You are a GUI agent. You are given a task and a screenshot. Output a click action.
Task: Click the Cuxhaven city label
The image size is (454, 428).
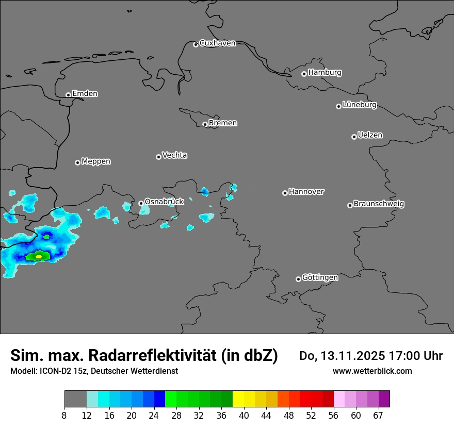point(217,43)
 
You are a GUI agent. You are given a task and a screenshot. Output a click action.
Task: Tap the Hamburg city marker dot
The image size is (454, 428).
point(304,74)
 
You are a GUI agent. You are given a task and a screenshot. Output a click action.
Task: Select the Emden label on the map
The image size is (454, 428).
point(85,94)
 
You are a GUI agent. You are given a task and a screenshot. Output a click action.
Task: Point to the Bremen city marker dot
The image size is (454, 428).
point(205,124)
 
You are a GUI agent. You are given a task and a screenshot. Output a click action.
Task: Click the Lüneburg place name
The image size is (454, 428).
point(359,105)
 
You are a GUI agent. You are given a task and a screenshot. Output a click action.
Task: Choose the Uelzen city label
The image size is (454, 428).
point(370,135)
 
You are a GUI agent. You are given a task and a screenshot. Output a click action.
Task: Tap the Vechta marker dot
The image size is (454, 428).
point(158,157)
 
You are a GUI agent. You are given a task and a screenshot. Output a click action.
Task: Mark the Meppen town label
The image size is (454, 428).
point(96,161)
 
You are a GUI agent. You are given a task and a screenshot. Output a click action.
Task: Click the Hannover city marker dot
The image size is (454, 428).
point(285,193)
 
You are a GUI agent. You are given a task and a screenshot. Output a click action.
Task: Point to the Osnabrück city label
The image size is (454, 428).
point(164,202)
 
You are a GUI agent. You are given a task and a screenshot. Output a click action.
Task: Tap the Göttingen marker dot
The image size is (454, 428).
point(298,279)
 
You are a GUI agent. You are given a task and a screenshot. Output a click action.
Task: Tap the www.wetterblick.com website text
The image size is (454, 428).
point(372,371)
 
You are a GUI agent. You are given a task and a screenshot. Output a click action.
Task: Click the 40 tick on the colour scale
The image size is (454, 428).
point(244,416)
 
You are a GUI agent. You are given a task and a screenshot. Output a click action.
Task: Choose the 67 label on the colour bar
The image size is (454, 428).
point(378,416)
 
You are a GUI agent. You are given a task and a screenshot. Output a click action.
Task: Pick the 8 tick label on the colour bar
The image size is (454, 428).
point(64,416)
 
